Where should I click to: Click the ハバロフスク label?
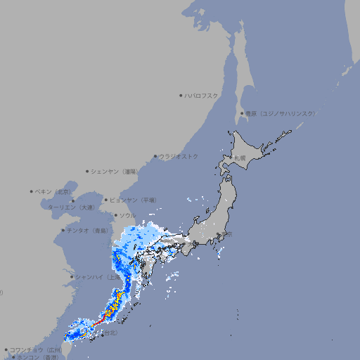point(202,95)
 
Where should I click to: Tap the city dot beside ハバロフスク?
point(181,95)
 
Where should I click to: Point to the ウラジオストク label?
point(179,156)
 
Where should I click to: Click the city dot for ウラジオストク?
point(155,157)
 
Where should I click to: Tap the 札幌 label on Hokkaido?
point(240,158)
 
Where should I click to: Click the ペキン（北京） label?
point(54,191)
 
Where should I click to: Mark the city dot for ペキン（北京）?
point(32,191)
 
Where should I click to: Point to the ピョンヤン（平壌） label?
point(133,200)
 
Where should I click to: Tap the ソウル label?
point(127,215)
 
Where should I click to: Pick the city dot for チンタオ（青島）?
point(63,230)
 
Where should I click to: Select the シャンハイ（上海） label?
point(96,277)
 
